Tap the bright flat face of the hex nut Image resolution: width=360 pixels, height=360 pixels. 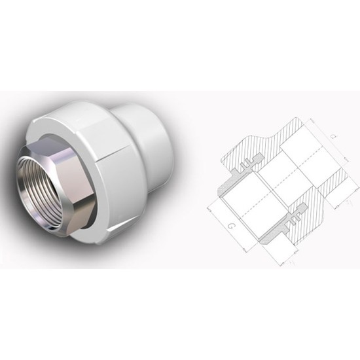click(82, 164)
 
